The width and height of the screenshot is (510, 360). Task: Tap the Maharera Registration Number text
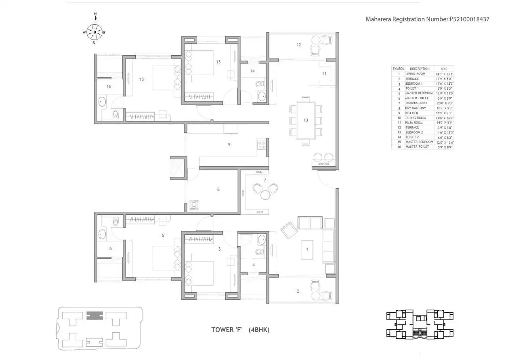pos(427,19)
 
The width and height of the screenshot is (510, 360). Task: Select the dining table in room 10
pos(306,120)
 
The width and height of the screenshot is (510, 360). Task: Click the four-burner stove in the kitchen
pos(261,145)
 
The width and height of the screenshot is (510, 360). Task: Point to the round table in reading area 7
pos(265,195)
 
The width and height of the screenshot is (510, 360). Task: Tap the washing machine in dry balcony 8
pos(194,205)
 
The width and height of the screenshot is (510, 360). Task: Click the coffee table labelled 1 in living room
pos(307,249)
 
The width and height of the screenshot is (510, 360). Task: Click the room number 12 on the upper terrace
pos(299,45)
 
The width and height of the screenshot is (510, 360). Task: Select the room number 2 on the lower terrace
pos(298,291)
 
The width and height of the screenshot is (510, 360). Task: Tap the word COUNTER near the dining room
pos(323,164)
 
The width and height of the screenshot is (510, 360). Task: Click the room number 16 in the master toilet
pos(109,86)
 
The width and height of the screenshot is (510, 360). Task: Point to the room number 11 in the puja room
pos(324,74)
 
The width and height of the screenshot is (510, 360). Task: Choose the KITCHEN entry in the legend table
pos(412,113)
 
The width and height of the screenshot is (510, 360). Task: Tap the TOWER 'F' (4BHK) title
pos(240,330)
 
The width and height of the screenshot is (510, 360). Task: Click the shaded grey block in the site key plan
pos(94,315)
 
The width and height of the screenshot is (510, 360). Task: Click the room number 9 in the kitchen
pos(229,144)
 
